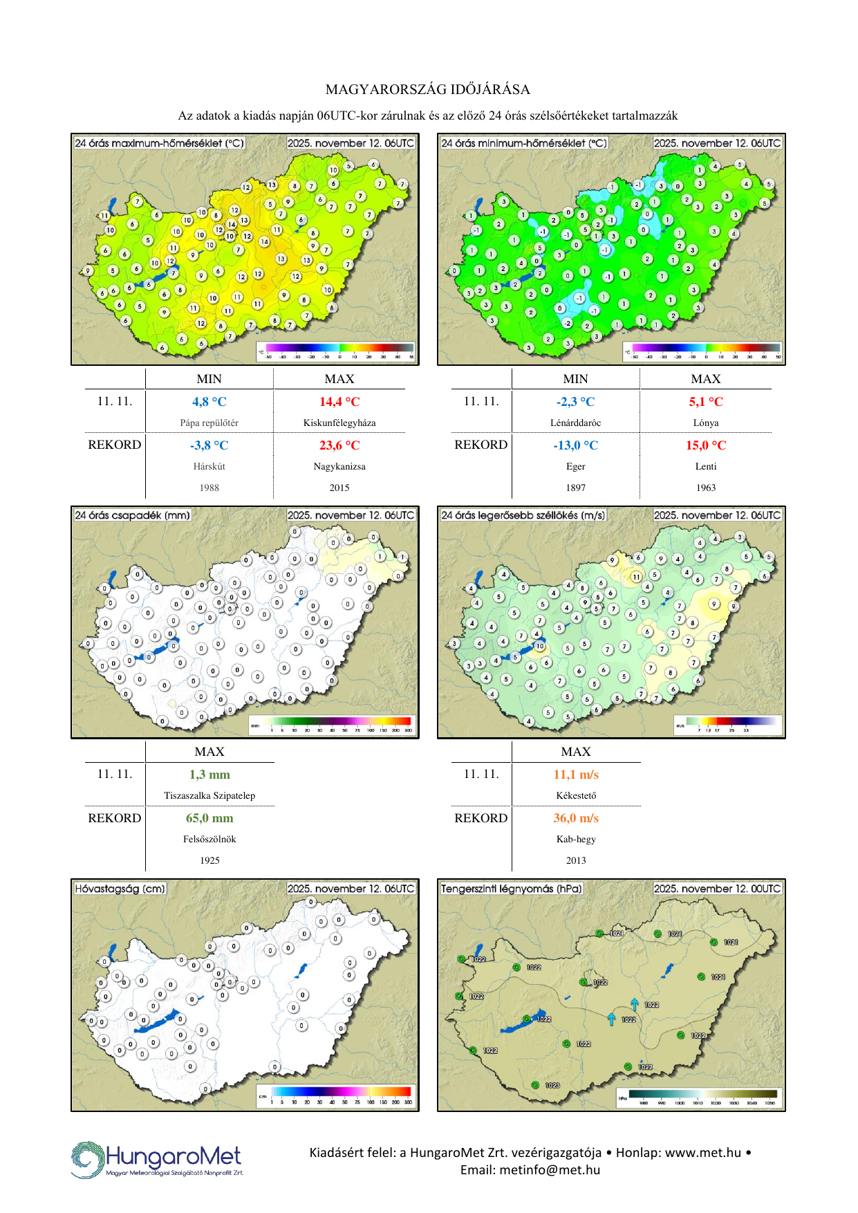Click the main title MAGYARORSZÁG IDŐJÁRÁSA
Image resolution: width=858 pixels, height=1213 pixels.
tap(428, 89)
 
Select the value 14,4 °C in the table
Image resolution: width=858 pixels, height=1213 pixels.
tap(339, 402)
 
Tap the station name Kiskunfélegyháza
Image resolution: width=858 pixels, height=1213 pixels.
tap(339, 423)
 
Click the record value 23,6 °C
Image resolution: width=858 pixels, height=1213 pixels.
tap(339, 445)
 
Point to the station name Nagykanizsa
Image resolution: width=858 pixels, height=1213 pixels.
tap(339, 466)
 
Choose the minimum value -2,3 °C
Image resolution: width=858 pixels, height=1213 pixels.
tap(575, 402)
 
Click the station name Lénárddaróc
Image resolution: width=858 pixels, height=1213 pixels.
tap(575, 423)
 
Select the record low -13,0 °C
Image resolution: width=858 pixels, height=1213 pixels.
tap(575, 445)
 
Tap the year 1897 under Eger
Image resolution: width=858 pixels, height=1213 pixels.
tap(575, 488)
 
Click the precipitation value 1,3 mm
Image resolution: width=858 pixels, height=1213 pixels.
tap(209, 775)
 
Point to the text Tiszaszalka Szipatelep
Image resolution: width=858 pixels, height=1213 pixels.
tap(209, 795)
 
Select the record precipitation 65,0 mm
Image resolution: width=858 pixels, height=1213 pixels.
tap(209, 818)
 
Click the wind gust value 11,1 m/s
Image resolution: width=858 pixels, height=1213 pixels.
tap(576, 775)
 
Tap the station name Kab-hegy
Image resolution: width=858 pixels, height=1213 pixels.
tap(576, 839)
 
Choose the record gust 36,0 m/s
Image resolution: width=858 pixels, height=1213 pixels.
tap(576, 818)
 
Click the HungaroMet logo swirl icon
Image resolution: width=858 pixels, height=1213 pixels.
tap(87, 1160)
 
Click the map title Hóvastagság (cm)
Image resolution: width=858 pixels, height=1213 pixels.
tap(120, 888)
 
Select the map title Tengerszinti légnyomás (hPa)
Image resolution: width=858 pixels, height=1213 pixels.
tap(512, 888)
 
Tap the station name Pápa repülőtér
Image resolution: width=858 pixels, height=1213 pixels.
tap(209, 423)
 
